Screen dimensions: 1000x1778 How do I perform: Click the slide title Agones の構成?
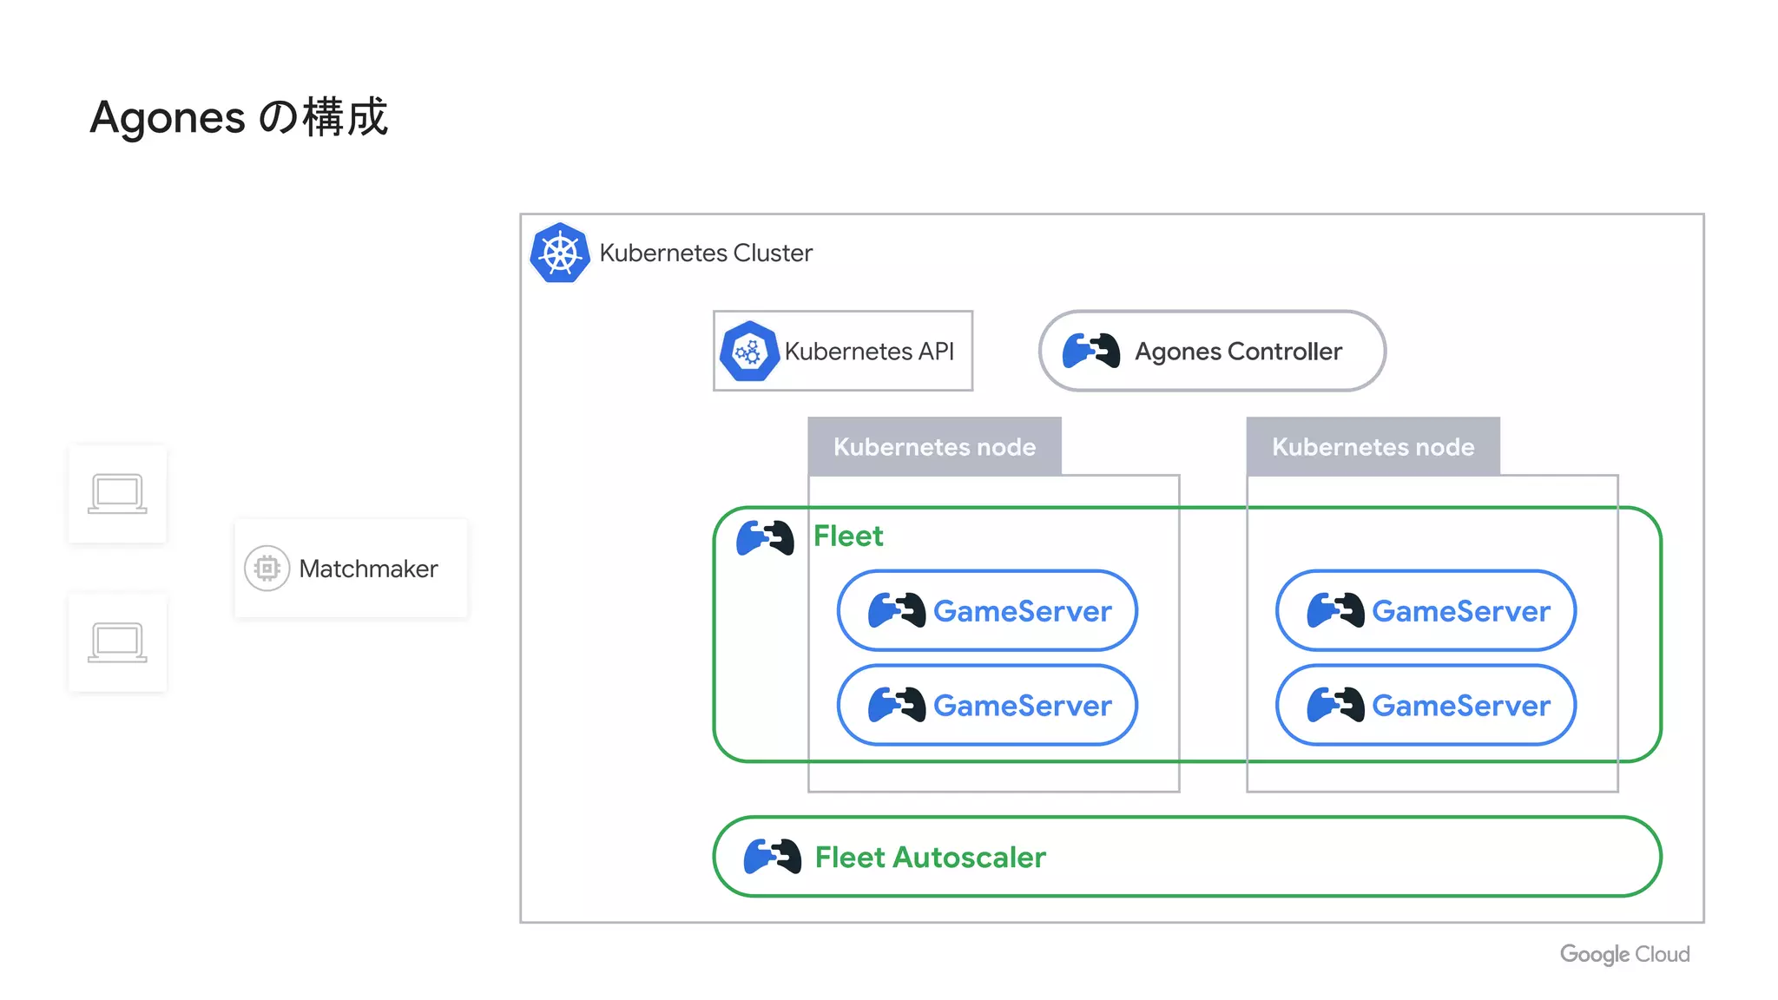(239, 117)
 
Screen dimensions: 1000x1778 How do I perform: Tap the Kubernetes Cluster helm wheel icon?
(560, 253)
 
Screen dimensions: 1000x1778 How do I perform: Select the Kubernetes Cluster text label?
(705, 253)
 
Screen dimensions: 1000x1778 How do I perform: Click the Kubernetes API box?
(842, 351)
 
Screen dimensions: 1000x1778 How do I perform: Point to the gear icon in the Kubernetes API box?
(748, 352)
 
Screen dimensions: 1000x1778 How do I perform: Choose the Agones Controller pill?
(1211, 351)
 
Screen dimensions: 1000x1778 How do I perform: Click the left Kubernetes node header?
(934, 446)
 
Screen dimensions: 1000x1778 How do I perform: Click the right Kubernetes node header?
(1373, 446)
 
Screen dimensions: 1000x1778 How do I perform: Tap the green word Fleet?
(847, 536)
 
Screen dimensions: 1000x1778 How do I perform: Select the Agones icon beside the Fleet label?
(765, 537)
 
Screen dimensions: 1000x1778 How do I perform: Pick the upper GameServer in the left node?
(987, 610)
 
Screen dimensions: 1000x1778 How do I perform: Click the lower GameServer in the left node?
(987, 705)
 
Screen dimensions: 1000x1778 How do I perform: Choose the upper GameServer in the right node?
(1426, 610)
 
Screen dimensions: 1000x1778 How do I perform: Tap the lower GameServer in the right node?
(1426, 705)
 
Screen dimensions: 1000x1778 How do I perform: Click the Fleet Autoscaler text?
(930, 858)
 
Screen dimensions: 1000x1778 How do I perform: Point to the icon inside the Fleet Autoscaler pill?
(772, 857)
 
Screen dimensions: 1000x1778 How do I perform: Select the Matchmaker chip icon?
(267, 569)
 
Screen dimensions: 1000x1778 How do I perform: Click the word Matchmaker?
(368, 569)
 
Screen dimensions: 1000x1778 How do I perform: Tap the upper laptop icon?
(117, 494)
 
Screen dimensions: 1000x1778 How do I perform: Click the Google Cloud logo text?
(1624, 954)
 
